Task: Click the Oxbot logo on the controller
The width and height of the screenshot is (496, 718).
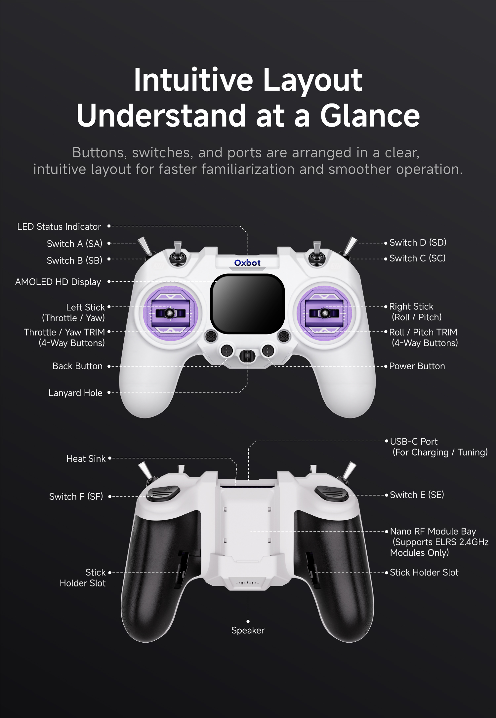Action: pos(247,263)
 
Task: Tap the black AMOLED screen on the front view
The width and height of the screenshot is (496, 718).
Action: pos(248,303)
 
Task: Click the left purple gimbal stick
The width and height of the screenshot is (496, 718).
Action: pos(170,313)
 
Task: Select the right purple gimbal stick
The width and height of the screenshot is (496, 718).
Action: pos(324,313)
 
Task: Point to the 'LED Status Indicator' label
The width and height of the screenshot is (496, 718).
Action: pos(59,227)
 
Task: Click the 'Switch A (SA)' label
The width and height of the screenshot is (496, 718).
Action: pos(75,244)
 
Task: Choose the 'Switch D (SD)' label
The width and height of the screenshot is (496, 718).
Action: pos(418,243)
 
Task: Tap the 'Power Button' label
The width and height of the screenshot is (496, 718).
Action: pos(417,366)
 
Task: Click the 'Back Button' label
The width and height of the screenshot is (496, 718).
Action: pos(77,366)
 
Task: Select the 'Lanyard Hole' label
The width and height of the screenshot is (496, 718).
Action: pos(75,393)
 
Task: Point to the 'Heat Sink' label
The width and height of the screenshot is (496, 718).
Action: pos(86,459)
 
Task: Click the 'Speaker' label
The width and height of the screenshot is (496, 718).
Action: pos(248,630)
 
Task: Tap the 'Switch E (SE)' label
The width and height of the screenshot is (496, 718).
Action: pos(417,495)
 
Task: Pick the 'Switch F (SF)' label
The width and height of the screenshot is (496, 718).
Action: pos(76,497)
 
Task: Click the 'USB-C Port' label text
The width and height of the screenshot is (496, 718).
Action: pos(414,442)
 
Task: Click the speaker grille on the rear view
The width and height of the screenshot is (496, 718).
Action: pos(248,583)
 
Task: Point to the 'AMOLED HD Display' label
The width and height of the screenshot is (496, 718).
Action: pos(58,282)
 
